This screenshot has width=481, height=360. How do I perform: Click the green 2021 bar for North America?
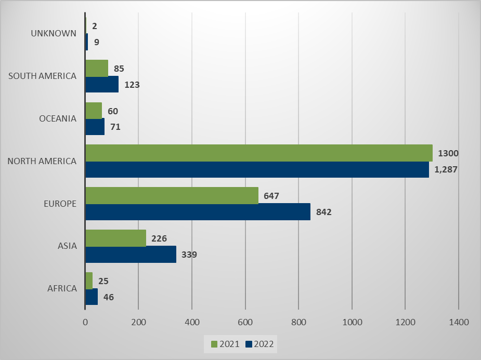[x=258, y=153]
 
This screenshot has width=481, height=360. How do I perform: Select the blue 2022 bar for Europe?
[x=198, y=212]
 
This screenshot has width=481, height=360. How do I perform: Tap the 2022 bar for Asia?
[x=131, y=255]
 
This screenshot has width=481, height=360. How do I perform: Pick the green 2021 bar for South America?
[x=97, y=68]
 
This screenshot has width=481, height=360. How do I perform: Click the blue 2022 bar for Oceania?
[x=95, y=127]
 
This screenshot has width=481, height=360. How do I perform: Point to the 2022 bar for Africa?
[x=92, y=297]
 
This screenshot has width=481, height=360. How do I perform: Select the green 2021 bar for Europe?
[x=172, y=195]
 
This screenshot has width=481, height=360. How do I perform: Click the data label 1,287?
[x=446, y=169]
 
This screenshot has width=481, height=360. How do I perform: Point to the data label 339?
[x=190, y=255]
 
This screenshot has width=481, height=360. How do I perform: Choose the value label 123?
[x=132, y=84]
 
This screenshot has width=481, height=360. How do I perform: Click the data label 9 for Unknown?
[x=97, y=42]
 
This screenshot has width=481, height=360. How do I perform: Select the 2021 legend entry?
[x=225, y=343]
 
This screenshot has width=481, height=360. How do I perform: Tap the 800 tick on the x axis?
[x=298, y=322]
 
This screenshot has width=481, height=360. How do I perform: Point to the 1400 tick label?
[x=458, y=322]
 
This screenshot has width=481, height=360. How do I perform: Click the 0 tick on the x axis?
[x=85, y=322]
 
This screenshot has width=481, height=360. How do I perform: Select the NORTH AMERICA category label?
[x=42, y=161]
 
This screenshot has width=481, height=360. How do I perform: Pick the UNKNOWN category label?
[x=54, y=33]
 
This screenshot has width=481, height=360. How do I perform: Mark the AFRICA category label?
[x=61, y=288]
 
